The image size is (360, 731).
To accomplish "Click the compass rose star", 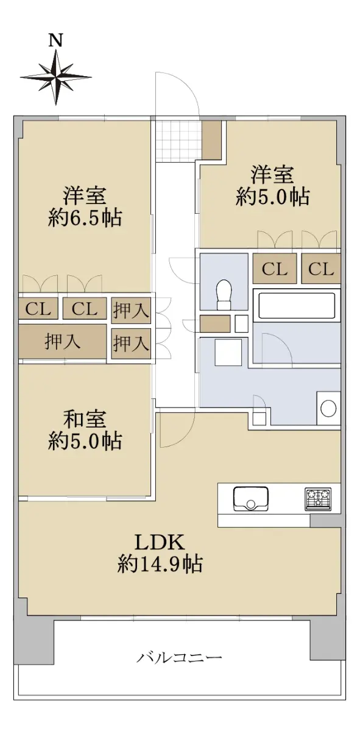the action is pos(55,77).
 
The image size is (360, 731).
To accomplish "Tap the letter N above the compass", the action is pos(56,40).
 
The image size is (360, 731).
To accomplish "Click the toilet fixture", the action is pos(224,294).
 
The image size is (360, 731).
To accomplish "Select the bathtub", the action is pos(297,306).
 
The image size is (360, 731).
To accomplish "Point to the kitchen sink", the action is pos(251,499).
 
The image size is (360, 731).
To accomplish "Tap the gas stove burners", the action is pos(318,499).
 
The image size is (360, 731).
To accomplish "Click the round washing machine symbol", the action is pos(329,409).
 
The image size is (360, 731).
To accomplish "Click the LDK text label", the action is pos(160,543).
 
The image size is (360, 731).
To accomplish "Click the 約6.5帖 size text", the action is pos(85,217).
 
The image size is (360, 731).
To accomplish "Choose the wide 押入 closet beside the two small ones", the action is pos(62,342).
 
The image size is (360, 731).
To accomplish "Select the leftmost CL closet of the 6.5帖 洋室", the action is pos(38,308).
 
